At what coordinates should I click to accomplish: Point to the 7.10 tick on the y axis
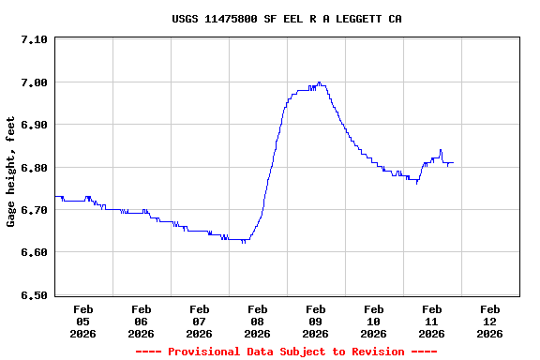pos(33,39)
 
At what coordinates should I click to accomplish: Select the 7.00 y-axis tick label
pos(33,82)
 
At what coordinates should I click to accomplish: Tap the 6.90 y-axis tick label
pos(33,125)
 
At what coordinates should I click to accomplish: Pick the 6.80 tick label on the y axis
pos(33,168)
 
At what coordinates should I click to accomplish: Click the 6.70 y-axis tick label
pos(33,210)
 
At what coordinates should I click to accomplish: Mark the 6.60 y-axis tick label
pos(33,253)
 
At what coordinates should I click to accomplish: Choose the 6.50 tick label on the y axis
pos(33,295)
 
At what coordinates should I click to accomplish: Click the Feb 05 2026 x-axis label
pos(83,321)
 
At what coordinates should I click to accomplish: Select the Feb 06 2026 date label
pos(142,321)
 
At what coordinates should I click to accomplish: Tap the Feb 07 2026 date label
pos(200,321)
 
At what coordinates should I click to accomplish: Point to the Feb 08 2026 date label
pos(258,321)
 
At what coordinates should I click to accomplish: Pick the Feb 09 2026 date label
pos(316,321)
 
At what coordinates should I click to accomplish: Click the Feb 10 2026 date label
pos(374,321)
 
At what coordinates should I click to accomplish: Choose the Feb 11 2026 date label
pos(432,321)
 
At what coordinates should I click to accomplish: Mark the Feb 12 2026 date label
pos(490,321)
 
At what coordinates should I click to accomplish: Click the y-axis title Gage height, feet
pos(11,171)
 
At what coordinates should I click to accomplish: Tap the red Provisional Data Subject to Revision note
pos(286,352)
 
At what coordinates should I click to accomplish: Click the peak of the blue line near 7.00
pos(320,82)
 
